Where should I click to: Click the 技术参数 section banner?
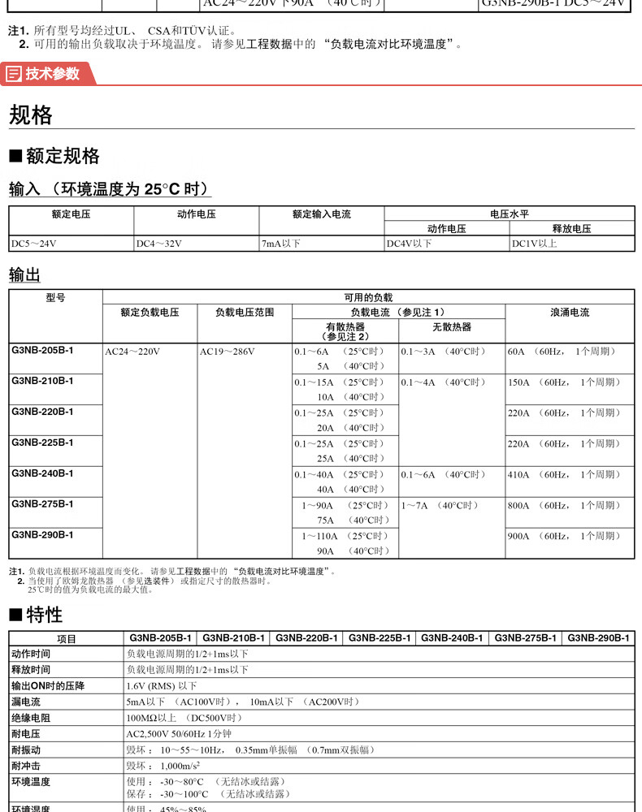pos(49,74)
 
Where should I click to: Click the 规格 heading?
pos(31,115)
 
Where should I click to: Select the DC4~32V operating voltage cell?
pos(159,244)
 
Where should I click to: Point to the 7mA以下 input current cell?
pos(281,244)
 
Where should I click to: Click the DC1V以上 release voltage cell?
pos(534,244)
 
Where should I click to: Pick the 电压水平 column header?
pos(509,214)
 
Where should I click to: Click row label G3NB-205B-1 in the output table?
pos(42,351)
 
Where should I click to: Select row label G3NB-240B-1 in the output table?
pos(42,473)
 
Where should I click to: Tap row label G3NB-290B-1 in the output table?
pos(42,535)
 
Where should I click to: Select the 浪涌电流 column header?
pos(569,312)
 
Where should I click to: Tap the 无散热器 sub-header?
pos(451,327)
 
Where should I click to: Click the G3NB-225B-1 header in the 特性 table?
pos(380,638)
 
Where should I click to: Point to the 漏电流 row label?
pos(26,702)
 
